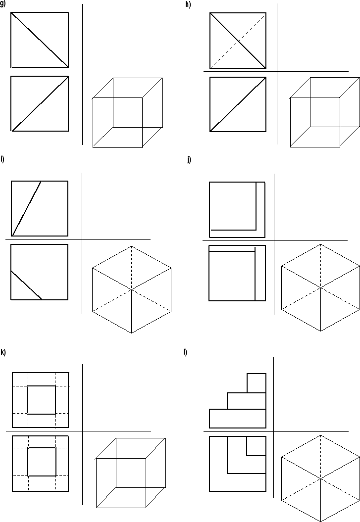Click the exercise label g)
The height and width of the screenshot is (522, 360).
click(x=2, y=4)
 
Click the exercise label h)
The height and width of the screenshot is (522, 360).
click(x=187, y=4)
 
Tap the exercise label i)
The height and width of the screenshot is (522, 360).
click(x=2, y=159)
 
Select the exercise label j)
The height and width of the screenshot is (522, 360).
click(x=189, y=159)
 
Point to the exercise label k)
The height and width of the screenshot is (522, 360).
click(x=3, y=352)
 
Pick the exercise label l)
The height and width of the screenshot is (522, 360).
click(x=185, y=352)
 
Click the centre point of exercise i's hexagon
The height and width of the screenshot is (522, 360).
click(x=132, y=289)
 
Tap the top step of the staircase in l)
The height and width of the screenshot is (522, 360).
click(x=256, y=383)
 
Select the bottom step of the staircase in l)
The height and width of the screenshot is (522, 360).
click(x=238, y=418)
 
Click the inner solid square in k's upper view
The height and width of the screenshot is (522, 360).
click(x=41, y=400)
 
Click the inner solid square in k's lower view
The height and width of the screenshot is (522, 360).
click(x=41, y=462)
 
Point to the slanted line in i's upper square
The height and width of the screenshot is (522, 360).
click(x=26, y=208)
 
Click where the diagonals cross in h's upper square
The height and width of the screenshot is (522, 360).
click(x=238, y=40)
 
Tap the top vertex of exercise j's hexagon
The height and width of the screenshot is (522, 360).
click(x=321, y=244)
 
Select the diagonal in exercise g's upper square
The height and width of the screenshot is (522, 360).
click(x=40, y=40)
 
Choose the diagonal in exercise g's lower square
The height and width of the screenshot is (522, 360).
click(x=40, y=103)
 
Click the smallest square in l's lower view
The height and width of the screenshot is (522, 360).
click(x=256, y=446)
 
